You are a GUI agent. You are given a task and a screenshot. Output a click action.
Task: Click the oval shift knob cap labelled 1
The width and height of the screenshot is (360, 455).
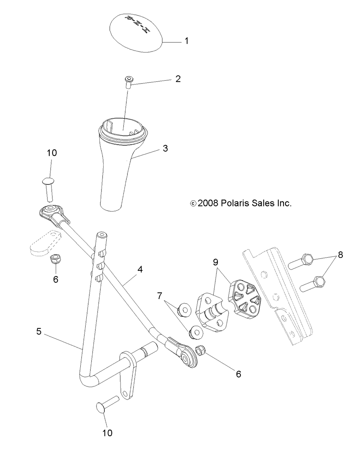(x=135, y=33)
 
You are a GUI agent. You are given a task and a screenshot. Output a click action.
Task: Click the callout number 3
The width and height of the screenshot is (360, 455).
(x=165, y=148)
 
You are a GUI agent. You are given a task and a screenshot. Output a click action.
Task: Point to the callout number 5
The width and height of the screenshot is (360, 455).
(x=39, y=331)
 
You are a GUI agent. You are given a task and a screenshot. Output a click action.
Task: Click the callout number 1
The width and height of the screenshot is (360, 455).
(x=186, y=41)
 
